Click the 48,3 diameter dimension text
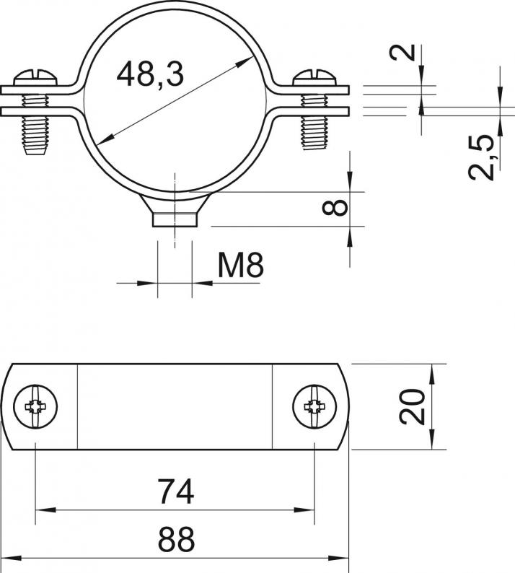150,74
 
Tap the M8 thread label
240,266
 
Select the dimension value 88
176,539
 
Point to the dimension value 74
176,491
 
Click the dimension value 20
413,407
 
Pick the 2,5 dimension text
482,157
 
